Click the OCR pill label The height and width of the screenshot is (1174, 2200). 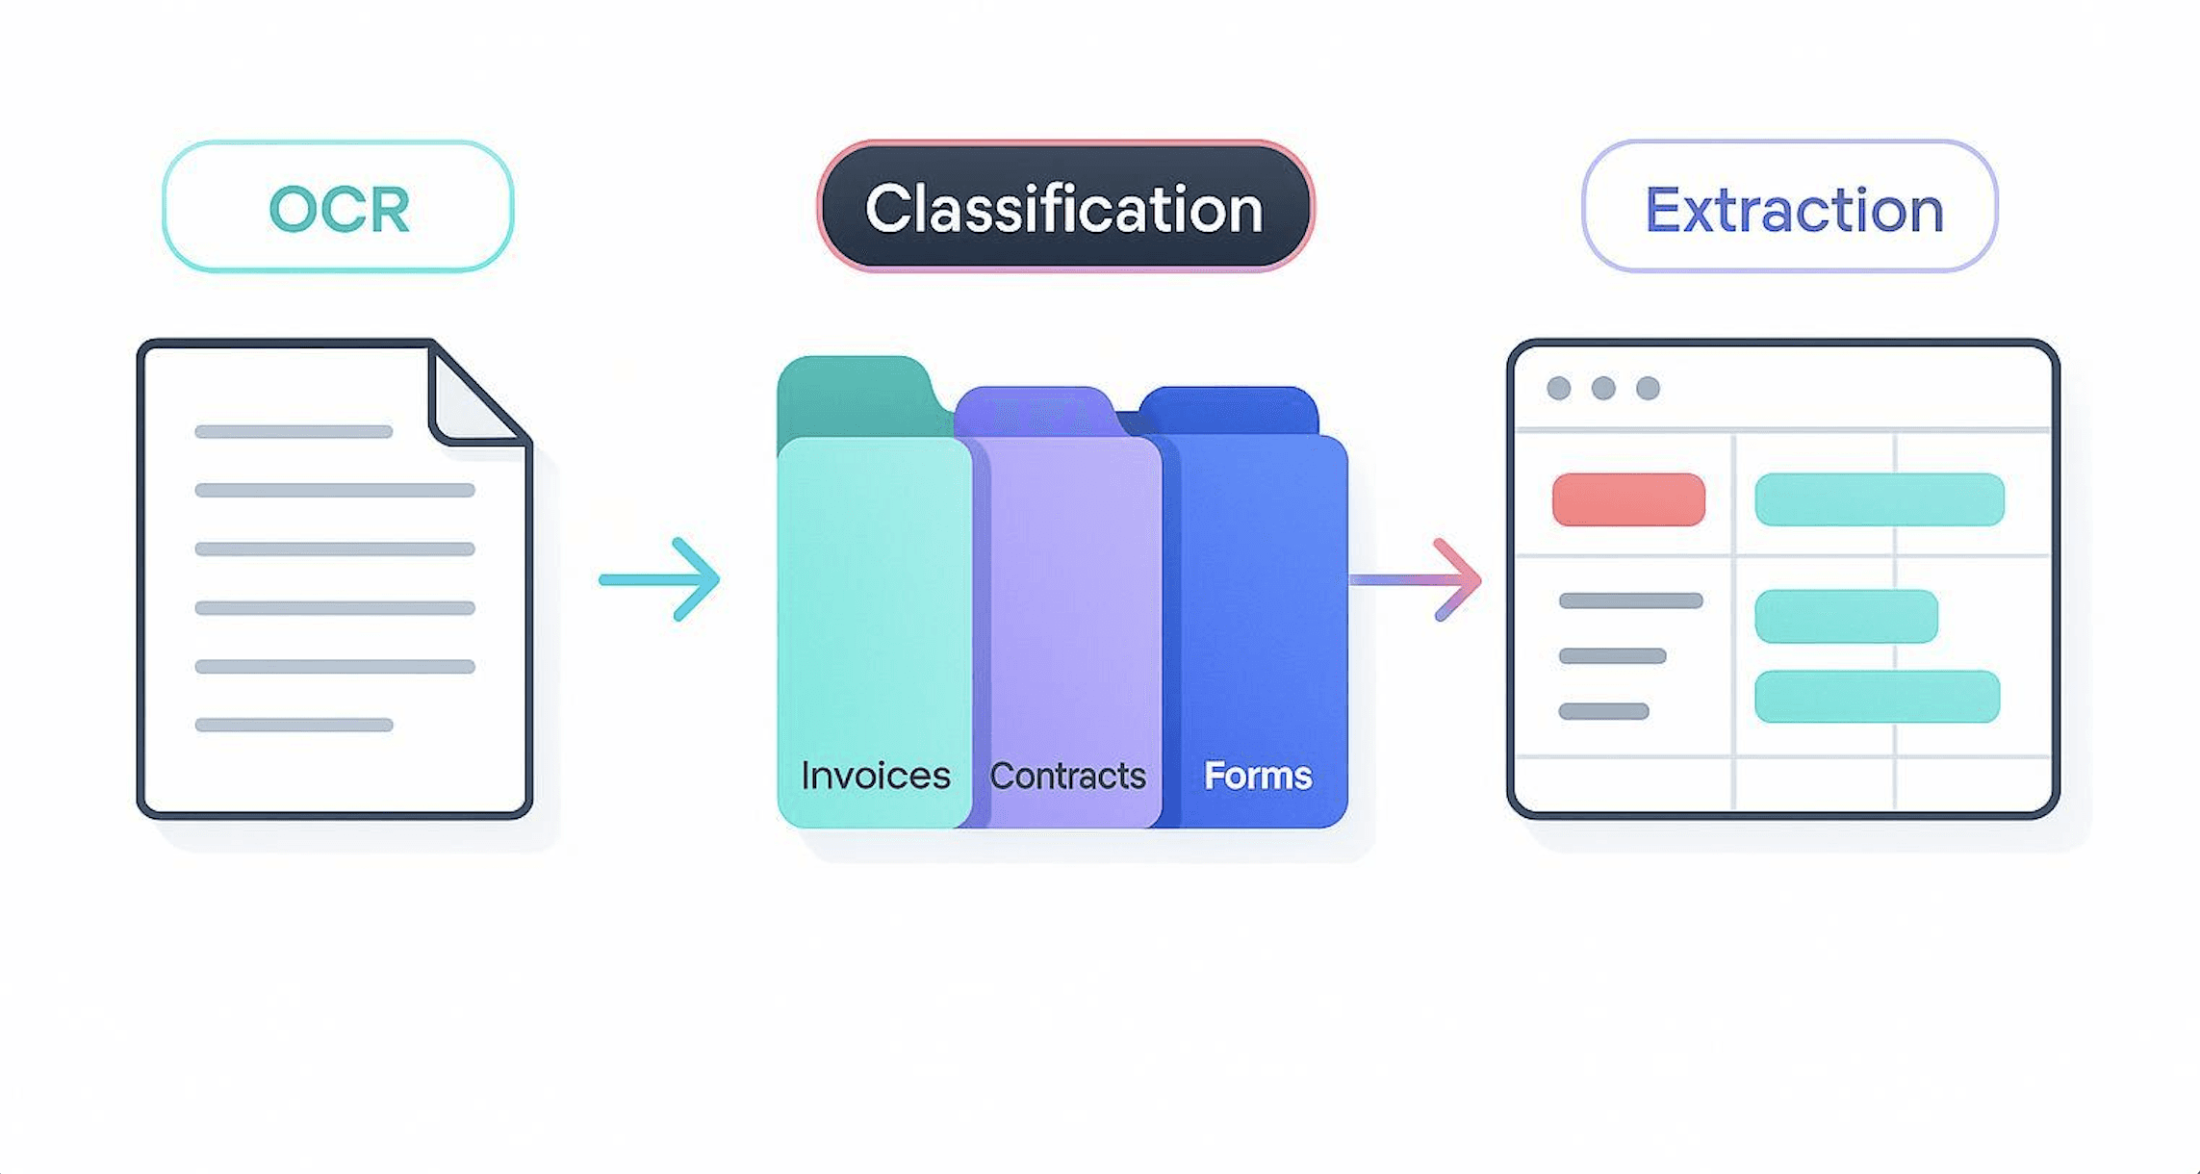click(x=338, y=208)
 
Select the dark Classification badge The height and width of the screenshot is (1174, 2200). click(x=1064, y=208)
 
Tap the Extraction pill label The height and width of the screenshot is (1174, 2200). click(x=1791, y=208)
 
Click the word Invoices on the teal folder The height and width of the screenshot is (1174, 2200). click(x=875, y=776)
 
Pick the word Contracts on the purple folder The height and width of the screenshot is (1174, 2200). click(x=1067, y=776)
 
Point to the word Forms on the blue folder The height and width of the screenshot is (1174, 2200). click(x=1257, y=776)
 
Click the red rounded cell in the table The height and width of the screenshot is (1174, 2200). click(x=1628, y=499)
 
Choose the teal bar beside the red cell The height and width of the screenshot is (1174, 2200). click(x=1879, y=499)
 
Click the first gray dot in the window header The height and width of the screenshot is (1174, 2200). click(x=1559, y=388)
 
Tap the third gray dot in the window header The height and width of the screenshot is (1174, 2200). click(x=1649, y=388)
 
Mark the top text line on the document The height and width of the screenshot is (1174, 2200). click(x=294, y=432)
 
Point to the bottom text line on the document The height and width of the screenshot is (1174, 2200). click(x=294, y=725)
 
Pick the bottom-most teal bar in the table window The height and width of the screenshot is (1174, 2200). click(x=1877, y=697)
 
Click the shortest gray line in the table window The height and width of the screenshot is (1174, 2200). click(x=1603, y=712)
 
